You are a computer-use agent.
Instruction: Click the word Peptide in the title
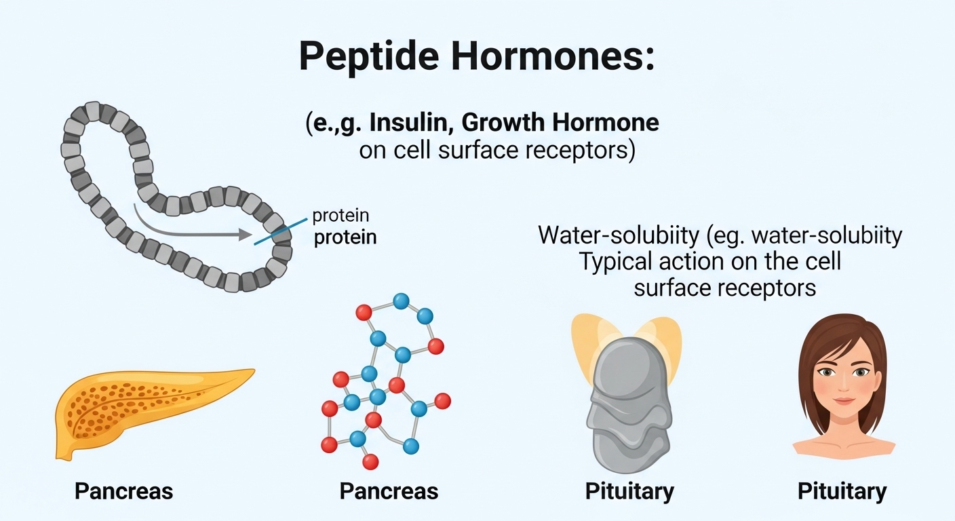[x=369, y=58]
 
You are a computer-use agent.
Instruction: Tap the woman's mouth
[x=844, y=401]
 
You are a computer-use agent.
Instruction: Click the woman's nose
[x=844, y=385]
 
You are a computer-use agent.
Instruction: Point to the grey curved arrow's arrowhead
[x=245, y=234]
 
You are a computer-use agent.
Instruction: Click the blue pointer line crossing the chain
[x=281, y=231]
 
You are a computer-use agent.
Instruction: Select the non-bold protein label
[x=340, y=216]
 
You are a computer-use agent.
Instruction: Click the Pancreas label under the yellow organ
[x=124, y=491]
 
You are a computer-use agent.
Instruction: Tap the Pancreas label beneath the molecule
[x=389, y=491]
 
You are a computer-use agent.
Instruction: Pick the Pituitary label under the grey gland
[x=629, y=492]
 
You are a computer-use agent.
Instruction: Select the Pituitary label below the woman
[x=842, y=492]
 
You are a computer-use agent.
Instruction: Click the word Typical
[x=616, y=261]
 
